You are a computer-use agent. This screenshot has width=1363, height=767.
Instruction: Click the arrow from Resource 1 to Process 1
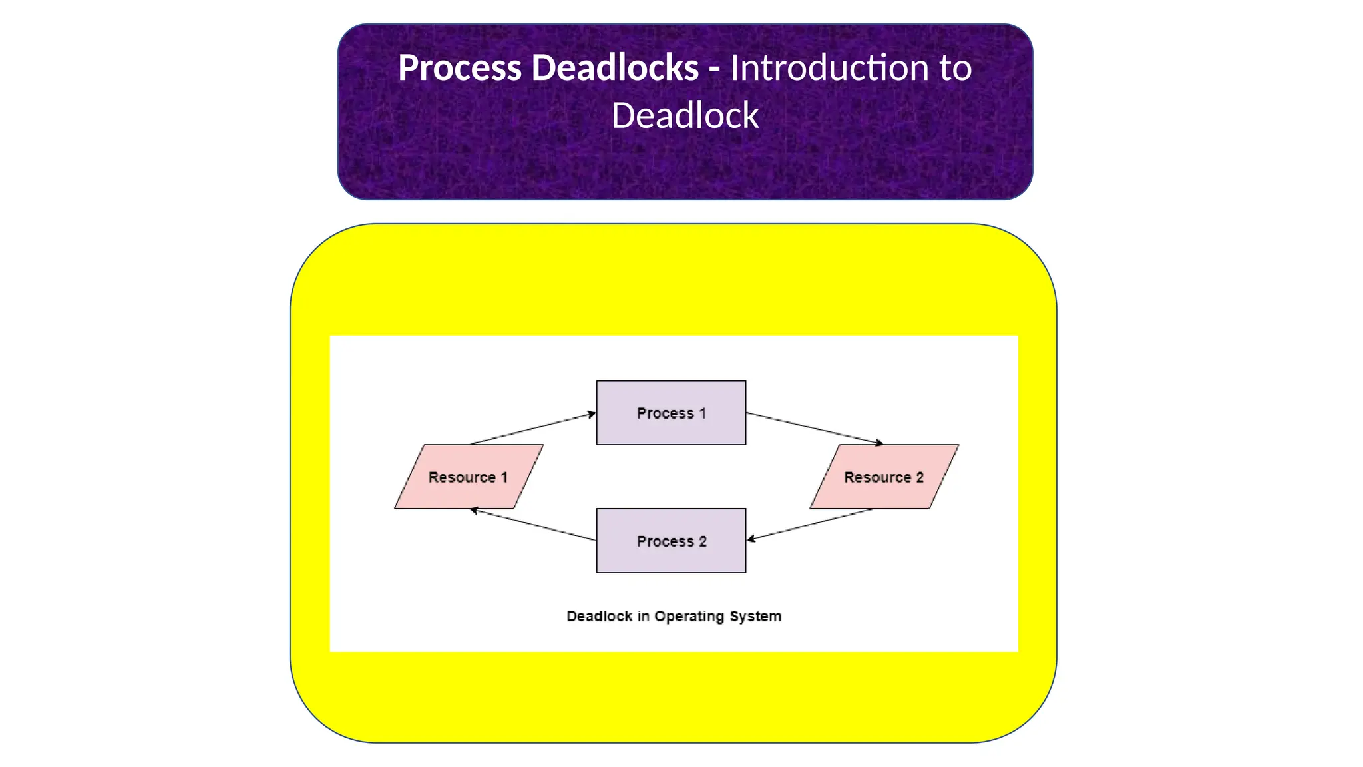click(x=532, y=429)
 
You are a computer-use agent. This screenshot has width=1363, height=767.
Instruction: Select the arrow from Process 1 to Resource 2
click(x=815, y=428)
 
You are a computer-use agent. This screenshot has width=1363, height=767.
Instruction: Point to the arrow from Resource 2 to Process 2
click(x=809, y=525)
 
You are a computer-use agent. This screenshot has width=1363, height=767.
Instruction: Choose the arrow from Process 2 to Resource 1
click(x=532, y=525)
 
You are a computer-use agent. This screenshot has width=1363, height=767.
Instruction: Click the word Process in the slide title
click(x=460, y=68)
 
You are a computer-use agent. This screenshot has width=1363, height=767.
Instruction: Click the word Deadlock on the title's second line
click(x=685, y=116)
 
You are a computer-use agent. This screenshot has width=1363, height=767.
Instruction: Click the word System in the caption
click(x=755, y=617)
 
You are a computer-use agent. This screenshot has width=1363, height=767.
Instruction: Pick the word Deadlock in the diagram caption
click(x=599, y=617)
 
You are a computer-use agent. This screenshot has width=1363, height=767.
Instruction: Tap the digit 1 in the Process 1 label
click(x=702, y=413)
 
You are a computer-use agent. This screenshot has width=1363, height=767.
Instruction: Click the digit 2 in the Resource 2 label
click(x=920, y=477)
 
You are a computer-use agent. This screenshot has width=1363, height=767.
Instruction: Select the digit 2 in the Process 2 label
click(x=703, y=541)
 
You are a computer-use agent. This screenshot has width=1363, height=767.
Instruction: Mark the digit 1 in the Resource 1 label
click(x=504, y=477)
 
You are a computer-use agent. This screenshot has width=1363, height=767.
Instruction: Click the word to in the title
click(x=955, y=68)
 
